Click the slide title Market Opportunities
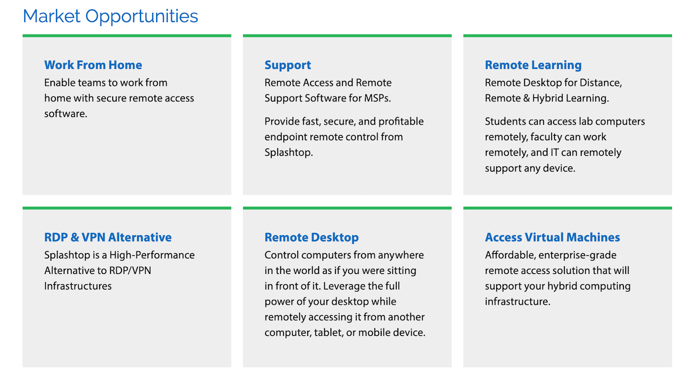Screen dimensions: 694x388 [110, 16]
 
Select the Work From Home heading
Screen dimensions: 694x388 [93, 65]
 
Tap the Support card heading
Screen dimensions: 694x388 [287, 65]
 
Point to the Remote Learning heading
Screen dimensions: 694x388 [533, 65]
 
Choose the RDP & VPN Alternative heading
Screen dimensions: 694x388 [108, 237]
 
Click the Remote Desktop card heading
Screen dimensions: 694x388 [311, 237]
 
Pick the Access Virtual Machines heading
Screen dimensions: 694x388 [552, 237]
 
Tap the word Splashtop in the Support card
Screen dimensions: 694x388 [289, 153]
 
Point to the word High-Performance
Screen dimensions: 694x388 [152, 255]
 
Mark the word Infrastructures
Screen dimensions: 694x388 [77, 286]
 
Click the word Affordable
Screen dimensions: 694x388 [510, 255]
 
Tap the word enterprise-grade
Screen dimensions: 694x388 [578, 255]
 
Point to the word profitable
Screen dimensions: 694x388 [401, 122]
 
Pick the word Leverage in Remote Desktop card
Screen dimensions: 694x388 [344, 286]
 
